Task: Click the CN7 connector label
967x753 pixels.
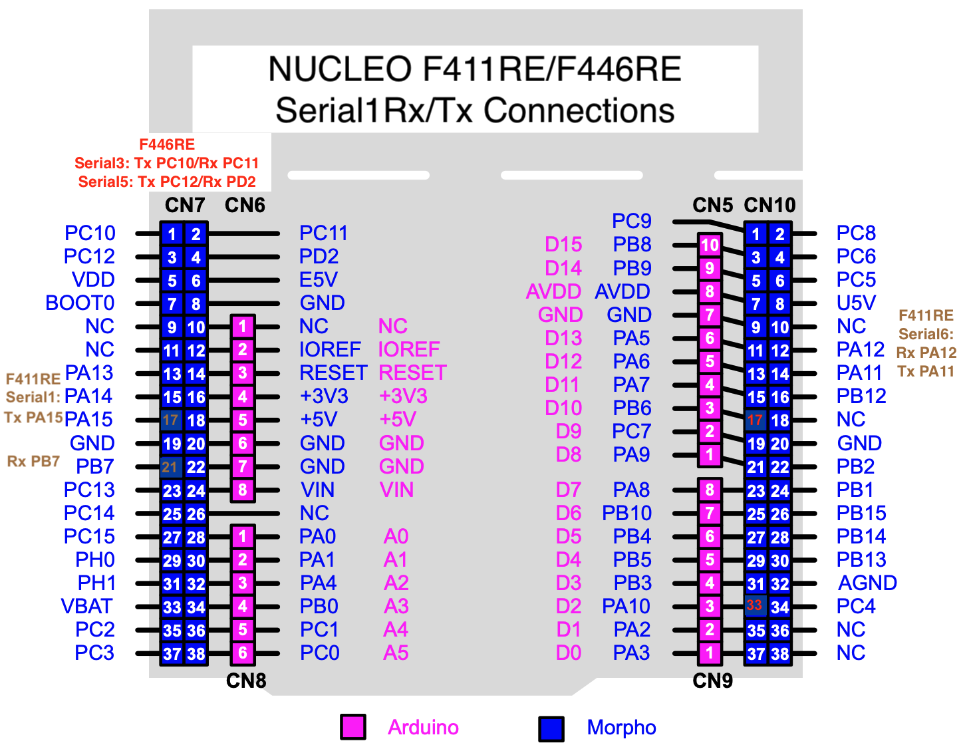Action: coord(184,205)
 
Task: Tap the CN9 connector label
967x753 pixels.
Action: coord(712,680)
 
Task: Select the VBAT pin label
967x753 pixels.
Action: coord(86,606)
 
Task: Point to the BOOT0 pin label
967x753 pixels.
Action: coord(80,303)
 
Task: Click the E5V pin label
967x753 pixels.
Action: coord(318,279)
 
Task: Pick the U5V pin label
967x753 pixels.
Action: coord(856,303)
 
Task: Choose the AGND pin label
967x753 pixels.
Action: coord(867,583)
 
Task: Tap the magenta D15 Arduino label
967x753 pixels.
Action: coord(563,245)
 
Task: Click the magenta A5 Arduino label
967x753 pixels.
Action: coord(396,653)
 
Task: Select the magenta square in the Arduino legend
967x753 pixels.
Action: coord(352,726)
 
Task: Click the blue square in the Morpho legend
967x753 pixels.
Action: coord(551,728)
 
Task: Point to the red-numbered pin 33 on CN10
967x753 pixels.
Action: coord(754,605)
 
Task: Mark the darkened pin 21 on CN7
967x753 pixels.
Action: coord(170,467)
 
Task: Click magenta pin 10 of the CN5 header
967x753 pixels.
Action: coord(710,245)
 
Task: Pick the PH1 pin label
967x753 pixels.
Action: coord(96,583)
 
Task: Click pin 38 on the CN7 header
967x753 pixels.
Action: coord(196,654)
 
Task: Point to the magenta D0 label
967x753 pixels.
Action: coord(568,653)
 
